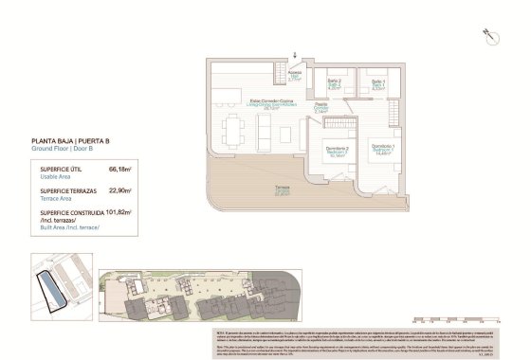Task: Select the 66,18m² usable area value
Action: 120,169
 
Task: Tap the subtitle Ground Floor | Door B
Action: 64,149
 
